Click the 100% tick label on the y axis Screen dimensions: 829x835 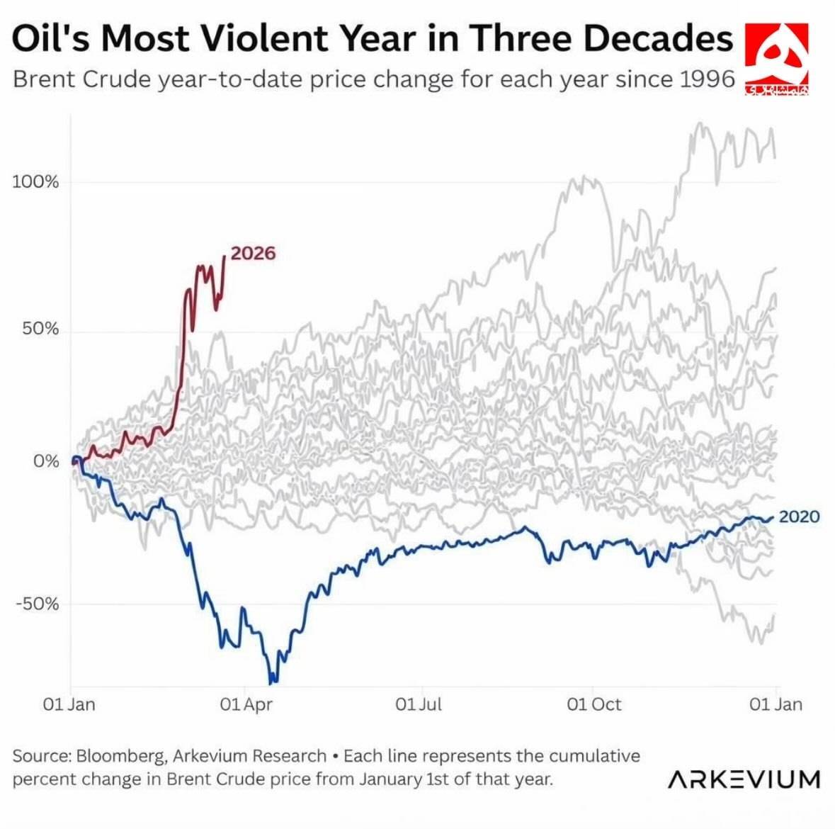35,182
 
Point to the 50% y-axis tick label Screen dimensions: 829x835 40,329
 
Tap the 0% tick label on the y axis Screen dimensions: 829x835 46,461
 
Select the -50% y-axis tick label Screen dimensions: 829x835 38,604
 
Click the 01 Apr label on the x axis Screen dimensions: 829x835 246,704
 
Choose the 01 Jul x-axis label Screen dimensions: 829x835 419,704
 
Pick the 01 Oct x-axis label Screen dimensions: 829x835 593,704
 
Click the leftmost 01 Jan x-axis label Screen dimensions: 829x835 69,704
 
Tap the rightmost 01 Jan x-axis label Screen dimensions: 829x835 776,704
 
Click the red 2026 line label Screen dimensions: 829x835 253,253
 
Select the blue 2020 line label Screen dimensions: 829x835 799,517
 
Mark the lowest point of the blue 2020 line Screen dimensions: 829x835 271,683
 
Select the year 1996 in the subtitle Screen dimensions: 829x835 707,78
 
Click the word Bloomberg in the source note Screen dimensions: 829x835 121,755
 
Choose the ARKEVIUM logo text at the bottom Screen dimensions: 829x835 744,779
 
